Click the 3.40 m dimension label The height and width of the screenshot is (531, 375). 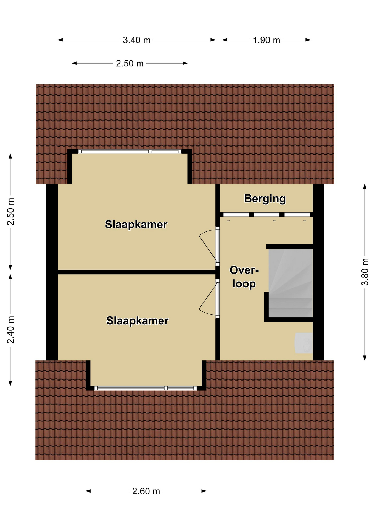137,40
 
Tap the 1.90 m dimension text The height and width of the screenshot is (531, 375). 266,40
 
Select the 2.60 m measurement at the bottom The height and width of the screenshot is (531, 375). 146,491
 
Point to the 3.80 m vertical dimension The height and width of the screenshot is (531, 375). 365,272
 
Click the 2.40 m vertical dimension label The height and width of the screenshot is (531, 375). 10,330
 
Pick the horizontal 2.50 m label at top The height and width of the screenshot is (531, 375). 130,63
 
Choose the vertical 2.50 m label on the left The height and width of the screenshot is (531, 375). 10,212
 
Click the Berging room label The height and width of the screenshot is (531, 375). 265,199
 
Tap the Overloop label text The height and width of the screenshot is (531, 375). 244,277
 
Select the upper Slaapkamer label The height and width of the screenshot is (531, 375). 136,224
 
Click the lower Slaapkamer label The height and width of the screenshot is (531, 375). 137,321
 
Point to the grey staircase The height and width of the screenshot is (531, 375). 291,283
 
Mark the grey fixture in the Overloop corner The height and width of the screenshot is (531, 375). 304,343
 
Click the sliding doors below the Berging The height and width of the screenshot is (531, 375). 266,214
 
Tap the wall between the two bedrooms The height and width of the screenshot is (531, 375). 137,272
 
